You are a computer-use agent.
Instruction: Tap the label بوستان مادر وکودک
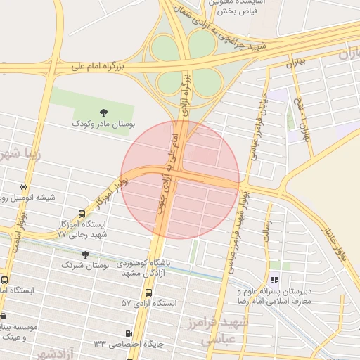pos(103,124)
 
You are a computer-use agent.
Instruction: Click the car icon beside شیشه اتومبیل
pos(25,187)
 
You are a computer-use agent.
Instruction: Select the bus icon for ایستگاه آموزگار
pos(82,214)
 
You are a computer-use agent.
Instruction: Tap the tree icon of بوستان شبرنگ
pos(85,255)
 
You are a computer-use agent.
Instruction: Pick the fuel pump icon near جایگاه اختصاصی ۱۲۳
pos(129,333)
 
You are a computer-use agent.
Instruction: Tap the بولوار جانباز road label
pos(335,243)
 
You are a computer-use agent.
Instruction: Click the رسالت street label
pos(268,232)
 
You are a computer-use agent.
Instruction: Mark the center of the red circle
pos(180,179)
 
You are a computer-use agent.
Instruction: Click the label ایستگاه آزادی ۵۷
pos(145,303)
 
